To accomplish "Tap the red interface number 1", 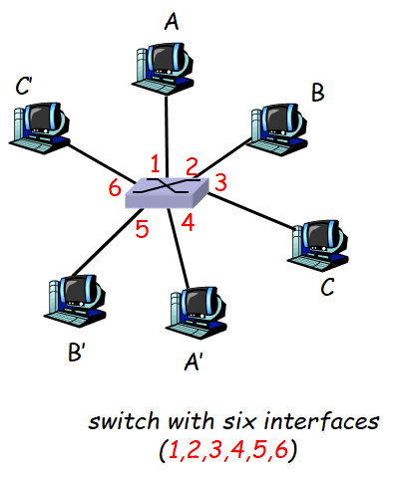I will coord(155,162).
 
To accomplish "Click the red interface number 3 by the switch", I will coord(220,183).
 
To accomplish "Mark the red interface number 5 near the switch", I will coord(142,229).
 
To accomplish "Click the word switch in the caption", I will coord(117,421).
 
